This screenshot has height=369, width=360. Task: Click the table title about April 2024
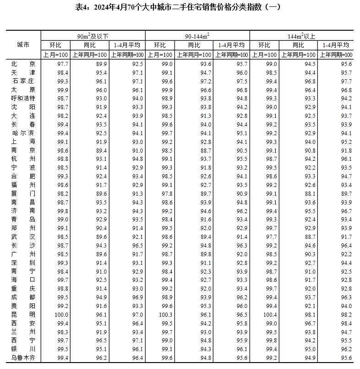pyautogui.click(x=180, y=7)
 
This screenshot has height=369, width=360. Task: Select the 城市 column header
pyautogui.click(x=23, y=45)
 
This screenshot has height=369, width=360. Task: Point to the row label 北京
pyautogui.click(x=23, y=64)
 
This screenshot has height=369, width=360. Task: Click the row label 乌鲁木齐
pyautogui.click(x=23, y=358)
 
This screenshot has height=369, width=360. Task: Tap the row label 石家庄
pyautogui.click(x=23, y=81)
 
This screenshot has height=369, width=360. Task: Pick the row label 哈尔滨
pyautogui.click(x=23, y=133)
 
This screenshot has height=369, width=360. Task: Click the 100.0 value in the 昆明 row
pyautogui.click(x=61, y=314)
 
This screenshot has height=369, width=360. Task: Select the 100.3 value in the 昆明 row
pyautogui.click(x=166, y=314)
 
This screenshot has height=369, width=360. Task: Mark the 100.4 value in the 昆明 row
pyautogui.click(x=270, y=314)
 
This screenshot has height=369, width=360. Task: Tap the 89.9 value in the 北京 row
pyautogui.click(x=89, y=64)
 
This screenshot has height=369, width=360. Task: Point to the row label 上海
pyautogui.click(x=23, y=142)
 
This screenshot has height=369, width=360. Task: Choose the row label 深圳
pyautogui.click(x=23, y=263)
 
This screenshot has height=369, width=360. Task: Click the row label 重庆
pyautogui.click(x=23, y=288)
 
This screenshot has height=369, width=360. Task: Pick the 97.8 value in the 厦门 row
pyautogui.click(x=166, y=193)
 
